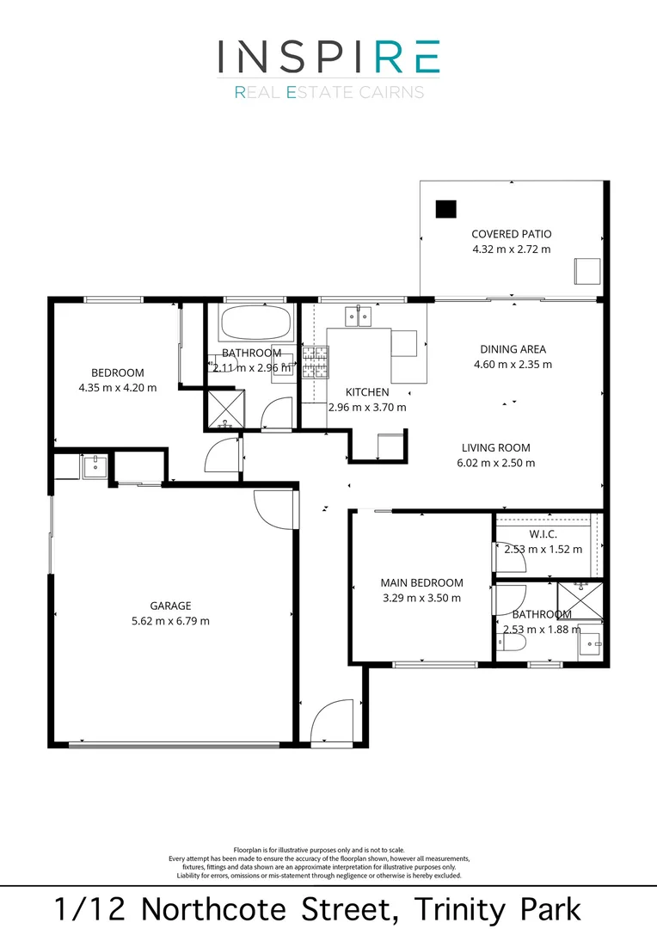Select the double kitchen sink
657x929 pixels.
(x=359, y=317)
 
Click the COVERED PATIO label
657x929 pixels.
(x=511, y=234)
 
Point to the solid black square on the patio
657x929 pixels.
(x=445, y=209)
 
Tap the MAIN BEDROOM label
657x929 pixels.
(x=421, y=582)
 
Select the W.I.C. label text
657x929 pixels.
(x=543, y=534)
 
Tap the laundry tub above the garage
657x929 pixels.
(x=93, y=467)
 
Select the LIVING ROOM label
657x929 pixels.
(x=495, y=447)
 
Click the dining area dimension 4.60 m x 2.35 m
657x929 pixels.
(x=513, y=364)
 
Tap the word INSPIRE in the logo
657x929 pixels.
(x=328, y=57)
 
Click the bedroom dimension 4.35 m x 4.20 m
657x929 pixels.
(x=117, y=387)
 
